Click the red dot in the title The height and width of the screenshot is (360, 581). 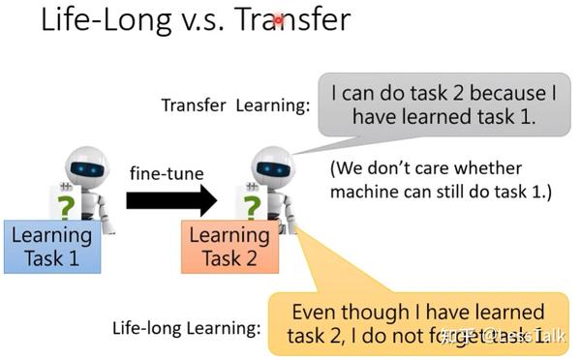click(278, 19)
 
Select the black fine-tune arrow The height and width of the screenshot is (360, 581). click(172, 200)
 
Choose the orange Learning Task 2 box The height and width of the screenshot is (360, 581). click(229, 246)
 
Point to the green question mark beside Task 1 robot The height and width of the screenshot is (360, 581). click(65, 207)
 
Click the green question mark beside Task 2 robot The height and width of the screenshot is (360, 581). click(251, 207)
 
